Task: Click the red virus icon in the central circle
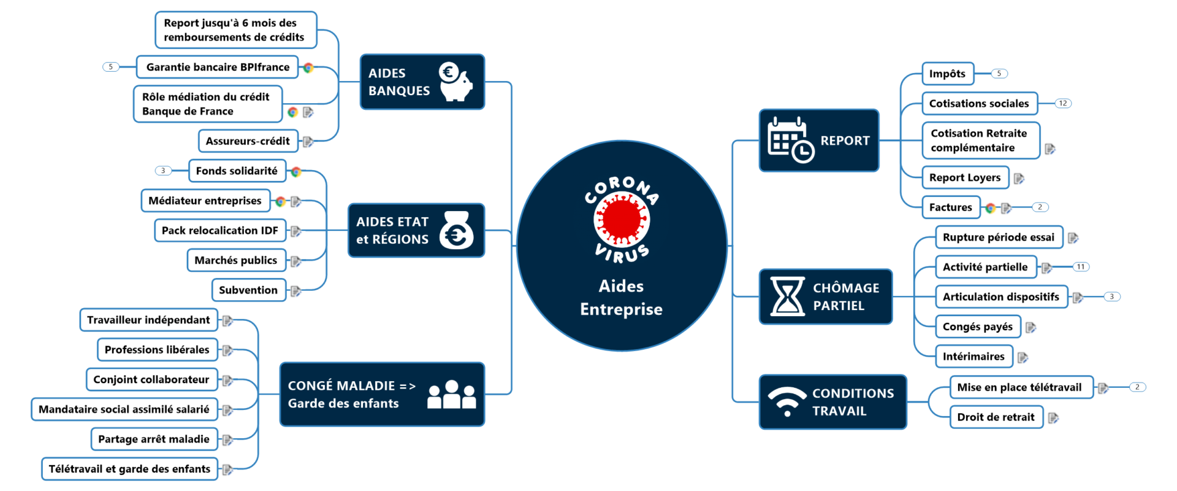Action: [x=621, y=219]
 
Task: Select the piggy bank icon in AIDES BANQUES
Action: [x=455, y=82]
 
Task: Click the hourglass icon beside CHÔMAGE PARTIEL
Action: [x=787, y=296]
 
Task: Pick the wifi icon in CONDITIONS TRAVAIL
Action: [x=787, y=401]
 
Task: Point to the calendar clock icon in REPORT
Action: [x=790, y=140]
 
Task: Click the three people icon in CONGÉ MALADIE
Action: [x=451, y=395]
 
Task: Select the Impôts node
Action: [x=947, y=74]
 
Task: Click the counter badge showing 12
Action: [x=1062, y=103]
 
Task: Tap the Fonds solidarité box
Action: [x=237, y=171]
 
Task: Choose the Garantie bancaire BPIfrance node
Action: [x=218, y=67]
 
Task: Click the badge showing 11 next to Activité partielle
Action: [x=1080, y=267]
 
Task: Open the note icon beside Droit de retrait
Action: [x=1053, y=418]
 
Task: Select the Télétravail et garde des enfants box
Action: [x=129, y=469]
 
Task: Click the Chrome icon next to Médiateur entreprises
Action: [x=280, y=201]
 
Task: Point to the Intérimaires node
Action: [x=973, y=357]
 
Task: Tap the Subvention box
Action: [x=248, y=290]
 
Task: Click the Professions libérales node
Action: [x=157, y=350]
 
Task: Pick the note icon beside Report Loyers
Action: [x=1019, y=179]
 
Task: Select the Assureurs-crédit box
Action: [x=248, y=141]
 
